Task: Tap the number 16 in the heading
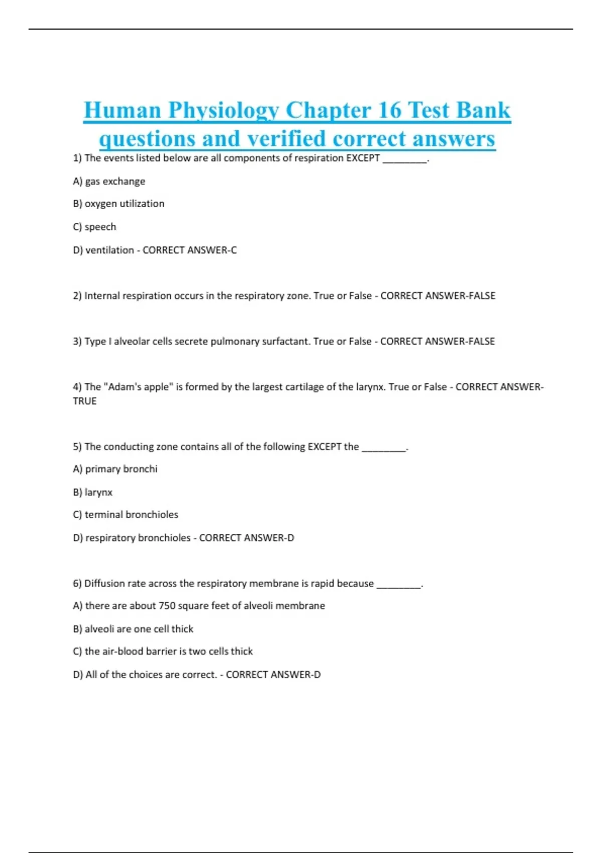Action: [389, 110]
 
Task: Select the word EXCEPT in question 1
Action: [363, 158]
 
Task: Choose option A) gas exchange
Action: [109, 181]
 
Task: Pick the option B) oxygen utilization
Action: [118, 204]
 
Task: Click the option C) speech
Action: [94, 227]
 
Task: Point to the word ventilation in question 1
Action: [109, 250]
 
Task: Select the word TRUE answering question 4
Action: [84, 401]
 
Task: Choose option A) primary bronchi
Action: [115, 469]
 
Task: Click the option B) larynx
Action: [93, 492]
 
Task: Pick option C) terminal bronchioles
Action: [125, 514]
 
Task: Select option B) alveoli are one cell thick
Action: [133, 629]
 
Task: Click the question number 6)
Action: [77, 583]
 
